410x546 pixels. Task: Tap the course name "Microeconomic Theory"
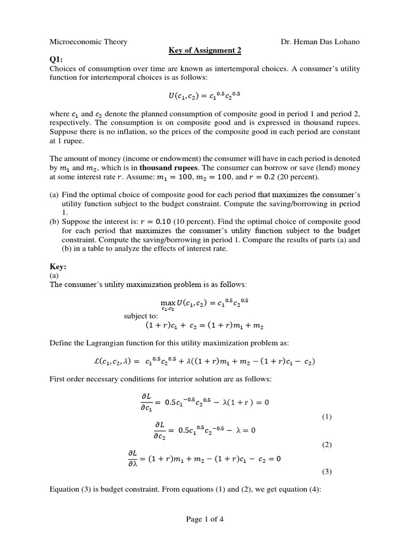click(x=88, y=42)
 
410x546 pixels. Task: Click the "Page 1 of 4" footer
click(x=205, y=521)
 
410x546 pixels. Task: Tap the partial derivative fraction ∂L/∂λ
click(x=133, y=459)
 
